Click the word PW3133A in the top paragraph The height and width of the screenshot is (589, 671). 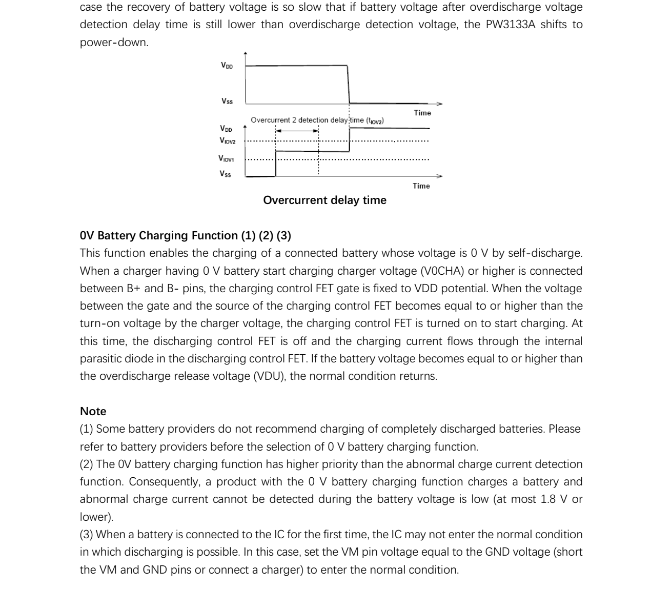tap(510, 25)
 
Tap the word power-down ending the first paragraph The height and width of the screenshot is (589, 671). tap(114, 43)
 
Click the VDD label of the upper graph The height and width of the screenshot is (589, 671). tap(227, 66)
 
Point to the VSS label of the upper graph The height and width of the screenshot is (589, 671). tap(227, 101)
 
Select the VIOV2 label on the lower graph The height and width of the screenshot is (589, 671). tap(227, 140)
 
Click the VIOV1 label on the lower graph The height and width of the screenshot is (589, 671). tap(226, 159)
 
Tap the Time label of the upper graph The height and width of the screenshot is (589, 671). tap(422, 113)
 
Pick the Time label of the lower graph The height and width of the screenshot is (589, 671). tap(421, 186)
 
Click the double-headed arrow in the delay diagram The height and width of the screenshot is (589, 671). tap(297, 131)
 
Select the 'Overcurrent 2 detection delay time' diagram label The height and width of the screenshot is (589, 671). tap(317, 120)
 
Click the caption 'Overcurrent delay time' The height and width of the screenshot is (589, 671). tap(324, 200)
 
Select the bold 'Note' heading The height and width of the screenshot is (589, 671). tap(93, 412)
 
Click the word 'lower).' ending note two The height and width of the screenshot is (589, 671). tap(96, 517)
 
